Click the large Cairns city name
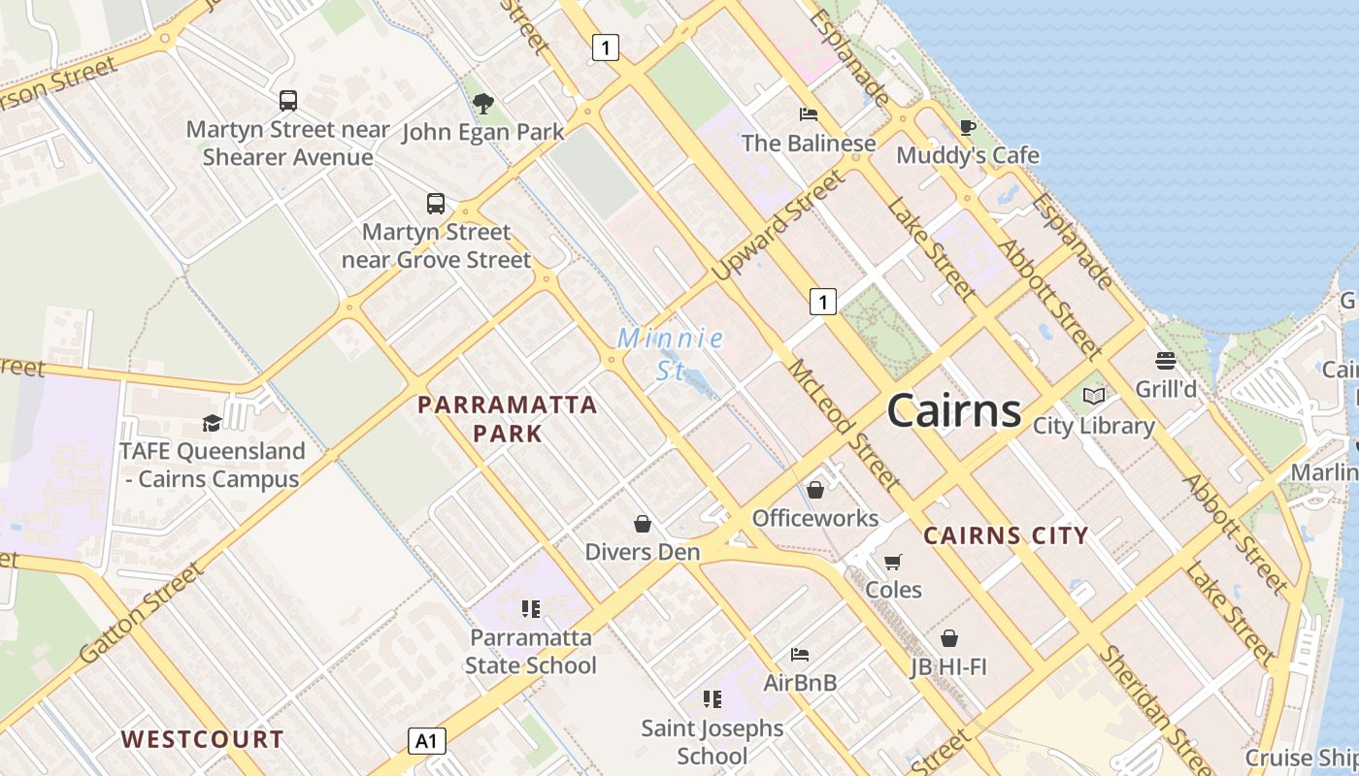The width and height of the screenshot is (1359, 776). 954,410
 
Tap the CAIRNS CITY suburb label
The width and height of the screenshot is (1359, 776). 1006,535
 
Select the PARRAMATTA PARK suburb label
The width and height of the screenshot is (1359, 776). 508,418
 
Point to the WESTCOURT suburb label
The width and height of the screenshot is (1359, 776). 203,739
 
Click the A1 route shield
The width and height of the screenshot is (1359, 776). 426,742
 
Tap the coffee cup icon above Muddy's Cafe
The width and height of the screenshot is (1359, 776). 967,127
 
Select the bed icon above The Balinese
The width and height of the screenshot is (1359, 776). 809,114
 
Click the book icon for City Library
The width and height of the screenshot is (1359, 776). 1094,396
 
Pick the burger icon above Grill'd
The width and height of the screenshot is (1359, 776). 1166,361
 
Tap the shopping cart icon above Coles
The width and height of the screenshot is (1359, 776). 893,562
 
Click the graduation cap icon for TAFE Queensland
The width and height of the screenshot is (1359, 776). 212,423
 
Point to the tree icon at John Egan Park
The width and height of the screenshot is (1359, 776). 482,104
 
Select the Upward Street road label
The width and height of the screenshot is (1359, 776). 778,226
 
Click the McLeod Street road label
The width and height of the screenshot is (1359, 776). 844,425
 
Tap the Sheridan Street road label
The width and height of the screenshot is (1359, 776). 1154,709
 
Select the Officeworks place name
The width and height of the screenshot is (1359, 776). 815,518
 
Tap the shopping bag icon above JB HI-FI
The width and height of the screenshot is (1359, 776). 949,638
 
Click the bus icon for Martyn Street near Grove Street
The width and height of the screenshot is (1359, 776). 436,204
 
